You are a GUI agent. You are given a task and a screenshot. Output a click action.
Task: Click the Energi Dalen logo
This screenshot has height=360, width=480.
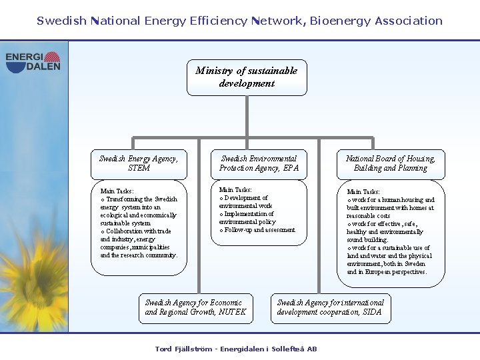33,62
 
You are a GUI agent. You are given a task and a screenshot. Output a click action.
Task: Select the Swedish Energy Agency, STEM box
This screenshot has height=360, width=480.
139,164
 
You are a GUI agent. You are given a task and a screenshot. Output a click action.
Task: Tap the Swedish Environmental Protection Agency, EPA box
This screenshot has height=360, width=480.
259,164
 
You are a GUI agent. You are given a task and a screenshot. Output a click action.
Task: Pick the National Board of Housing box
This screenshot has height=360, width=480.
390,164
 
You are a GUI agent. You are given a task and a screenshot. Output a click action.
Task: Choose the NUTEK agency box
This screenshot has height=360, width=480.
196,308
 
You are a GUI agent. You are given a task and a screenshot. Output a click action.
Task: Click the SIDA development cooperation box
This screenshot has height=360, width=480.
330,308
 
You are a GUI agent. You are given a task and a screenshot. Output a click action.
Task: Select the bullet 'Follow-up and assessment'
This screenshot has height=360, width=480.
260,230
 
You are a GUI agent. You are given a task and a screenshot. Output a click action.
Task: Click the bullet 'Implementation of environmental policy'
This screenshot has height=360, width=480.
250,218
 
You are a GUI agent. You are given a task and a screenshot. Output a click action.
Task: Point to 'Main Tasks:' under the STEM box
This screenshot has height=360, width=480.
117,191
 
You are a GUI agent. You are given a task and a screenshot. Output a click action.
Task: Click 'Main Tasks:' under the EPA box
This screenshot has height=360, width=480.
235,190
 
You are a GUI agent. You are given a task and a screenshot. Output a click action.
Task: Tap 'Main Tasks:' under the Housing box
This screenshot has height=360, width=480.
363,192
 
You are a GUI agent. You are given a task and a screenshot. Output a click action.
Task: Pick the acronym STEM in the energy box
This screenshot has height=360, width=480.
139,169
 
